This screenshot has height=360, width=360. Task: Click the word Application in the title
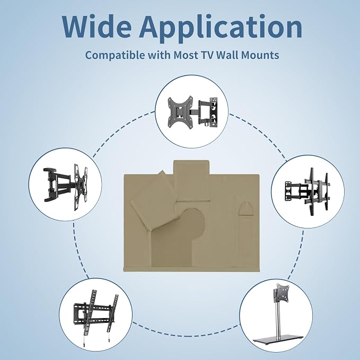[221, 29]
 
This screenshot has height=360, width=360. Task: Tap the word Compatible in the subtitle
[115, 55]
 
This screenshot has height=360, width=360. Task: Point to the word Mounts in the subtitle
[260, 55]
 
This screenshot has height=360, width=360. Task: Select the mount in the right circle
[308, 191]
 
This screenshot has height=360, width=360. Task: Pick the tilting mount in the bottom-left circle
[96, 317]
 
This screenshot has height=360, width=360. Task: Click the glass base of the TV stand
[278, 340]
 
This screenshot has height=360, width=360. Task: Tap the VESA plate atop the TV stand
[280, 292]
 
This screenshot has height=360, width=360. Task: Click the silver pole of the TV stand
[278, 320]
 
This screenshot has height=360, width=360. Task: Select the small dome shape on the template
[245, 208]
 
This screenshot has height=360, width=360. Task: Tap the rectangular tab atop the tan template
[191, 181]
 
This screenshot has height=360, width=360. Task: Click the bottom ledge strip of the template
[191, 269]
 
